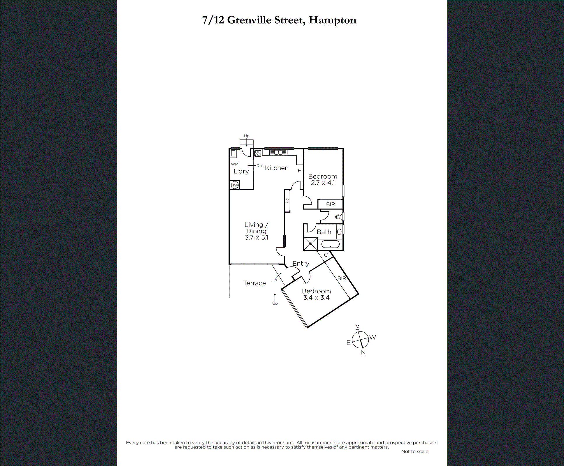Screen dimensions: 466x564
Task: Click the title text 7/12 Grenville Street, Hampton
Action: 279,20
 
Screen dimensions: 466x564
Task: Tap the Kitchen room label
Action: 277,168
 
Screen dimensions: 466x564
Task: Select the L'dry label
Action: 241,171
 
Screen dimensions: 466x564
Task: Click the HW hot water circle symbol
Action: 234,185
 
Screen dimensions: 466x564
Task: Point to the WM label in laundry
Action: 235,164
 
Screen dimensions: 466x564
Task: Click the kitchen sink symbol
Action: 278,152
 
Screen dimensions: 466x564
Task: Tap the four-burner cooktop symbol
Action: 258,153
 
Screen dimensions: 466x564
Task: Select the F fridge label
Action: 299,171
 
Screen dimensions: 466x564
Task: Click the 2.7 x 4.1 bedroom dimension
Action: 323,183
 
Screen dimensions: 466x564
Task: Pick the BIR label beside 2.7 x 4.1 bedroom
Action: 330,204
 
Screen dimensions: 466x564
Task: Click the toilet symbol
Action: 338,217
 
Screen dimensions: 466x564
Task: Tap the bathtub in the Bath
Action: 331,244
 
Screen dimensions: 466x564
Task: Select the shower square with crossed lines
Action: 310,244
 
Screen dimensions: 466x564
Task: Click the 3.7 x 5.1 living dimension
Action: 256,238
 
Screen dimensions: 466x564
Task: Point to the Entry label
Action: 301,264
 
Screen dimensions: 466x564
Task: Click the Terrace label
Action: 254,283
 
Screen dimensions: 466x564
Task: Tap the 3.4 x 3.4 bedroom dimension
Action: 316,298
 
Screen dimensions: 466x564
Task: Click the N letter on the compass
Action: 363,352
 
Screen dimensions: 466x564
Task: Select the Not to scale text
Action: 414,451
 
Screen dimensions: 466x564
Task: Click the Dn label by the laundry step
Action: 259,166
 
